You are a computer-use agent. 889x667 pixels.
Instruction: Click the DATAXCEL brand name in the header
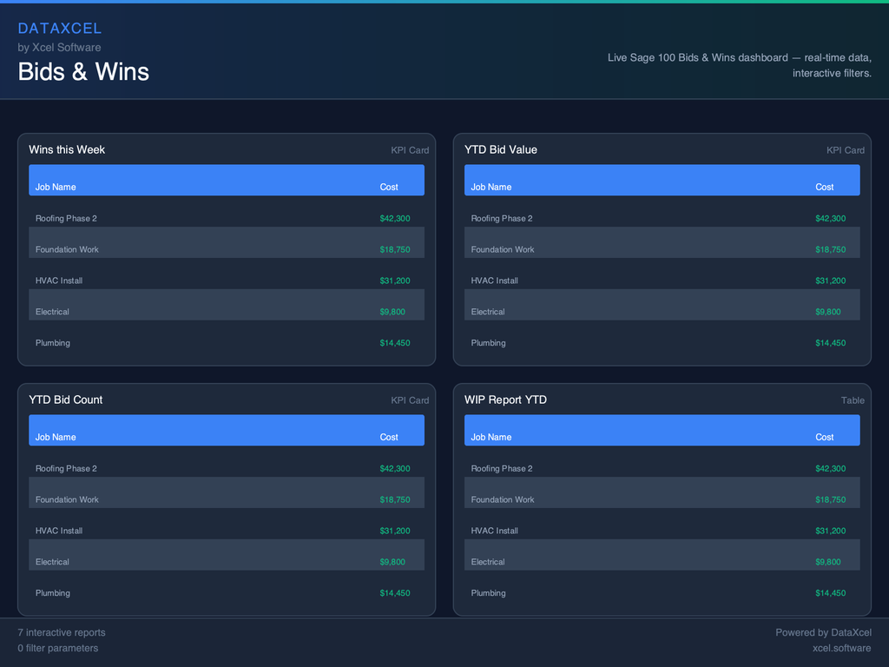[59, 29]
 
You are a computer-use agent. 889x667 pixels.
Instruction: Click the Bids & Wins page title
[83, 71]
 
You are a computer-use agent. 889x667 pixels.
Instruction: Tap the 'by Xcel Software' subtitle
[59, 48]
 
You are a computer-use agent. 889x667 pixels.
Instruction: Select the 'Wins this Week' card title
[67, 149]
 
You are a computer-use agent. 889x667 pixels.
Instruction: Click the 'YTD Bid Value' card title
[500, 149]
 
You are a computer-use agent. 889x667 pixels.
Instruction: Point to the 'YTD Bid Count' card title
[65, 400]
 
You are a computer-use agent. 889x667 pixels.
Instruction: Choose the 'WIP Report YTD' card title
[505, 400]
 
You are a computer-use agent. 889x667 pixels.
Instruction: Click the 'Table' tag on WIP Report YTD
[853, 400]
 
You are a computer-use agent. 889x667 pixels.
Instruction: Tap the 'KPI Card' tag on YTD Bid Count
[410, 400]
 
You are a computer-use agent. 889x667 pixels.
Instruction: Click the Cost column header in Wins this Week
[389, 187]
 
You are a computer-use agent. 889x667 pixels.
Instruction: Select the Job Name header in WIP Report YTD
[491, 437]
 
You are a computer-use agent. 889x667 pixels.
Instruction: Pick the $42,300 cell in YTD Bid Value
[830, 218]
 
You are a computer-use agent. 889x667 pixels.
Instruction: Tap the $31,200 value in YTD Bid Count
[395, 531]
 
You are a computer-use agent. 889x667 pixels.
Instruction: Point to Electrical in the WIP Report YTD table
[488, 562]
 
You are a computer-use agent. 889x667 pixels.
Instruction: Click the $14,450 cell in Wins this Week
[395, 343]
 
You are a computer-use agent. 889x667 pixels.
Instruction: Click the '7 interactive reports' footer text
[62, 632]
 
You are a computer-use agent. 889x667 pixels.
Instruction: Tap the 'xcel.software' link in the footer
[842, 648]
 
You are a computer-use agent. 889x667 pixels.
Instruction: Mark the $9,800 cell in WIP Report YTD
[828, 562]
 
